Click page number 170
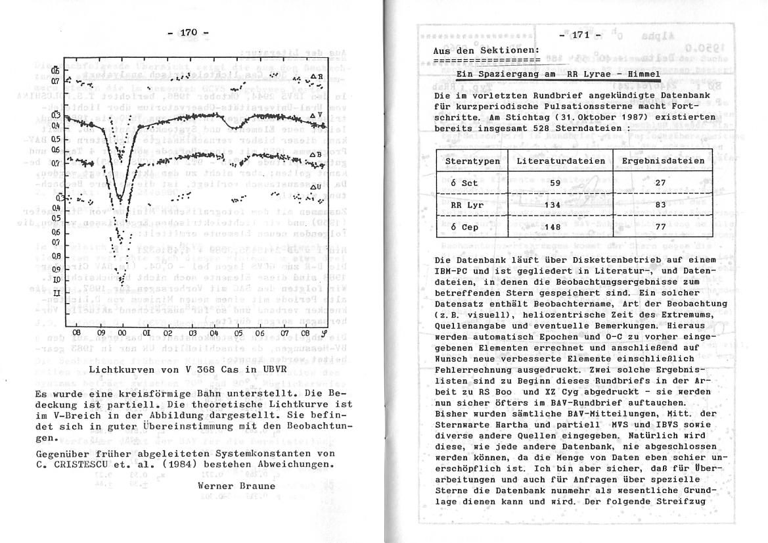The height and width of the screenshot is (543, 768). [x=189, y=32]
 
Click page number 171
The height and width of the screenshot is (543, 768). [x=580, y=35]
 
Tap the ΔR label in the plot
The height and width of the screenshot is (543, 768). [x=317, y=77]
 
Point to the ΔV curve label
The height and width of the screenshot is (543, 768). [x=316, y=116]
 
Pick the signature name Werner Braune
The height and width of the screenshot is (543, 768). [x=233, y=486]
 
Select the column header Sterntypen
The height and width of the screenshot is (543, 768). [x=472, y=161]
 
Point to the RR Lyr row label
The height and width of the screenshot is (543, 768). [x=466, y=205]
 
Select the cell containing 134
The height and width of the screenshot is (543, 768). [x=555, y=205]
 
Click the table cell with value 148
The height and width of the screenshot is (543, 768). [x=555, y=227]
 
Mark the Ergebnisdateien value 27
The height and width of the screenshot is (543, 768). [x=661, y=183]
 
